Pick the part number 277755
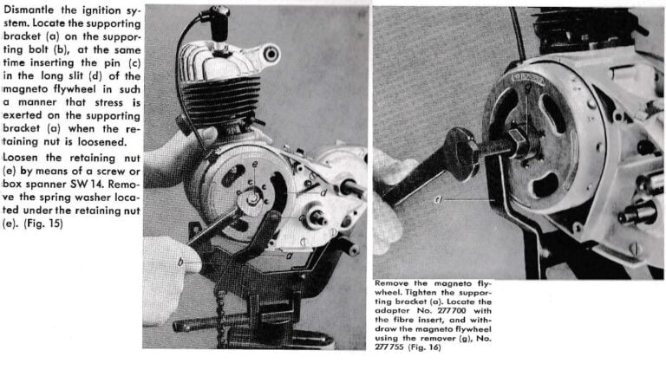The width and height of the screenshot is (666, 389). (x=389, y=347)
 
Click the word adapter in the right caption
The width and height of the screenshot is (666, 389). (x=390, y=311)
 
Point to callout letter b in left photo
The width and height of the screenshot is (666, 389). (x=180, y=262)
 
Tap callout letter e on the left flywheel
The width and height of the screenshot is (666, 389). (x=254, y=164)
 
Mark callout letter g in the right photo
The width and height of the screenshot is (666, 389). (x=527, y=88)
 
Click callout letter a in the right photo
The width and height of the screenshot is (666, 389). (x=438, y=198)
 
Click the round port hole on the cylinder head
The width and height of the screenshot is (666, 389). (x=271, y=55)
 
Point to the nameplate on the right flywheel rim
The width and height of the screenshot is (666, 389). (x=528, y=78)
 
